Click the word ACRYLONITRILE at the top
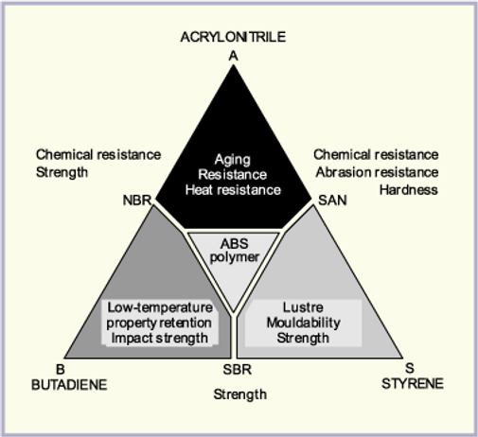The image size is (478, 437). (233, 37)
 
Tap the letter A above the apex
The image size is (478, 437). (233, 56)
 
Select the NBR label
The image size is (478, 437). (137, 200)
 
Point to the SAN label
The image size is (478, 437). (332, 200)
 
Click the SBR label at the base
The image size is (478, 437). (238, 369)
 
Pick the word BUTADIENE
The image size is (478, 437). (69, 385)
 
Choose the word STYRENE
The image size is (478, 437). (413, 384)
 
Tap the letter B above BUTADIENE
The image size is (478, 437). (61, 369)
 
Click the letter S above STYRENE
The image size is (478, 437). (409, 368)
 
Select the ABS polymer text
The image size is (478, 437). (235, 251)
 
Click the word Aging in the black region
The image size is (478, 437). (233, 160)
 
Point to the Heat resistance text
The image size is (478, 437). (233, 190)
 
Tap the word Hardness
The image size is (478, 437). (409, 190)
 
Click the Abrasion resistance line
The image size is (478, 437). (377, 172)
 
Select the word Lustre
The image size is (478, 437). (303, 307)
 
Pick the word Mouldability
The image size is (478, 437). (303, 323)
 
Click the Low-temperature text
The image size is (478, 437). (160, 307)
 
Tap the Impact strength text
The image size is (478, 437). (159, 338)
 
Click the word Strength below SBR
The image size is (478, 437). (240, 394)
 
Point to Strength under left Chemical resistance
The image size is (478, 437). (62, 172)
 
